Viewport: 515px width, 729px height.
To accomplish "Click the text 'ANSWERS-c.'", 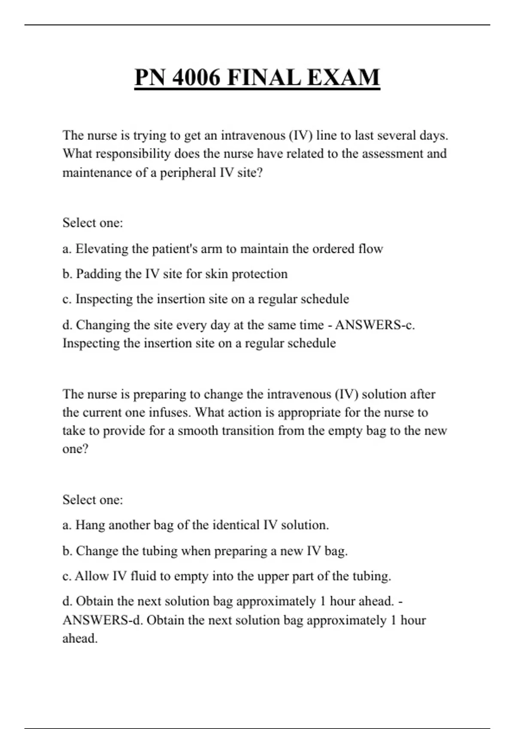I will (x=375, y=325).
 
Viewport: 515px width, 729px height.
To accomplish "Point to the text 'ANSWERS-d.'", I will (x=103, y=620).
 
